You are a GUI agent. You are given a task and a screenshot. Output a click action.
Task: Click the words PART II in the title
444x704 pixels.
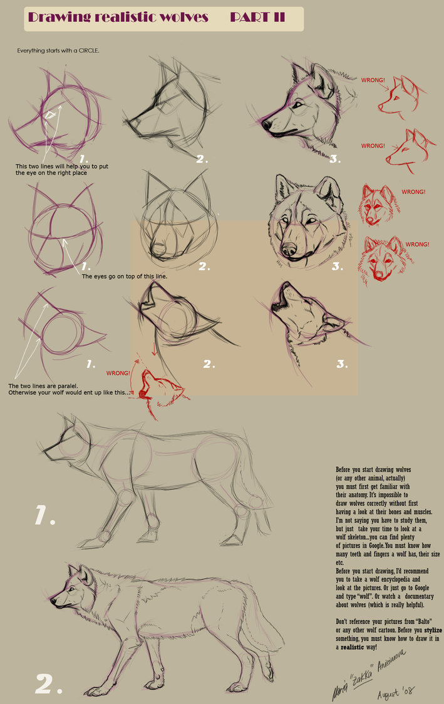click(257, 18)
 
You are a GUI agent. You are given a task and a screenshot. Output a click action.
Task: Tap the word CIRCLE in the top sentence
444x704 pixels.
click(88, 50)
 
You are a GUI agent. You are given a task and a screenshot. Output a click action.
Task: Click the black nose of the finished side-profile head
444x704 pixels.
click(266, 125)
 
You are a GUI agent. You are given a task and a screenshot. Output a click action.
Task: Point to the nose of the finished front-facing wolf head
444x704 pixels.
click(289, 252)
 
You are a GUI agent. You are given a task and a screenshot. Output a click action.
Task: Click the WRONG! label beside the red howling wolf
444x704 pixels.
click(118, 373)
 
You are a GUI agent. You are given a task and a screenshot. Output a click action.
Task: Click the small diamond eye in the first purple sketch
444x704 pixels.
click(50, 115)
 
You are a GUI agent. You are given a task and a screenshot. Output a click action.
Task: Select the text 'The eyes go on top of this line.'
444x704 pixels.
click(125, 275)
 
